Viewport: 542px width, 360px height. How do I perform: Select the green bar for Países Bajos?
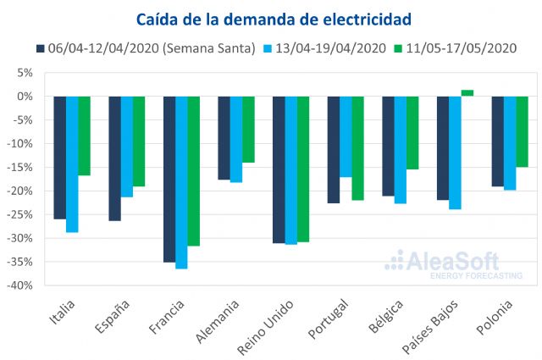[467, 93]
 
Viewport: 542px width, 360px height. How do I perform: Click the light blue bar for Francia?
[181, 182]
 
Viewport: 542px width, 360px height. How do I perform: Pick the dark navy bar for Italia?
[59, 158]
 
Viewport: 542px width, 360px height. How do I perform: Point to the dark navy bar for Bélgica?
[388, 146]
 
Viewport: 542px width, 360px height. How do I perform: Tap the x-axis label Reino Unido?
[279, 328]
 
